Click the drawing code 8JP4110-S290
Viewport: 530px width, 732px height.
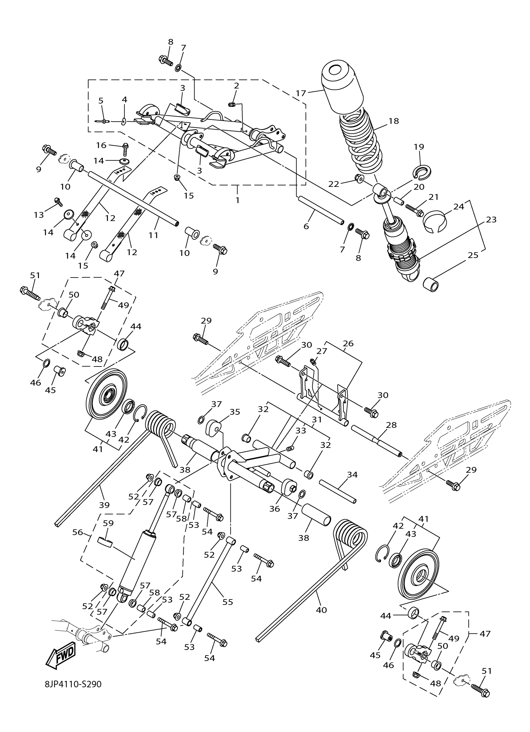coord(74,693)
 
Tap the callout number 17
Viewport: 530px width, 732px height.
coord(301,93)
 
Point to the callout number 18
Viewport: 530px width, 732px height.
coord(393,121)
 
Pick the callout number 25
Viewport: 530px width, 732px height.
coord(473,255)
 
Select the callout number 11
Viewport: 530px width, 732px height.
coord(154,235)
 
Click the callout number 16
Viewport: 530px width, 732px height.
coord(101,145)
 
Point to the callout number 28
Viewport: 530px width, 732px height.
coord(391,425)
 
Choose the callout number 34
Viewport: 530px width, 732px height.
coord(352,475)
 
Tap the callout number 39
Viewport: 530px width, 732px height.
coord(104,505)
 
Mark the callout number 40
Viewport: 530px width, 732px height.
coord(321,610)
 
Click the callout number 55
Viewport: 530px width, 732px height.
coord(228,602)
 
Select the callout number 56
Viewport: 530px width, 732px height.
coord(77,532)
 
